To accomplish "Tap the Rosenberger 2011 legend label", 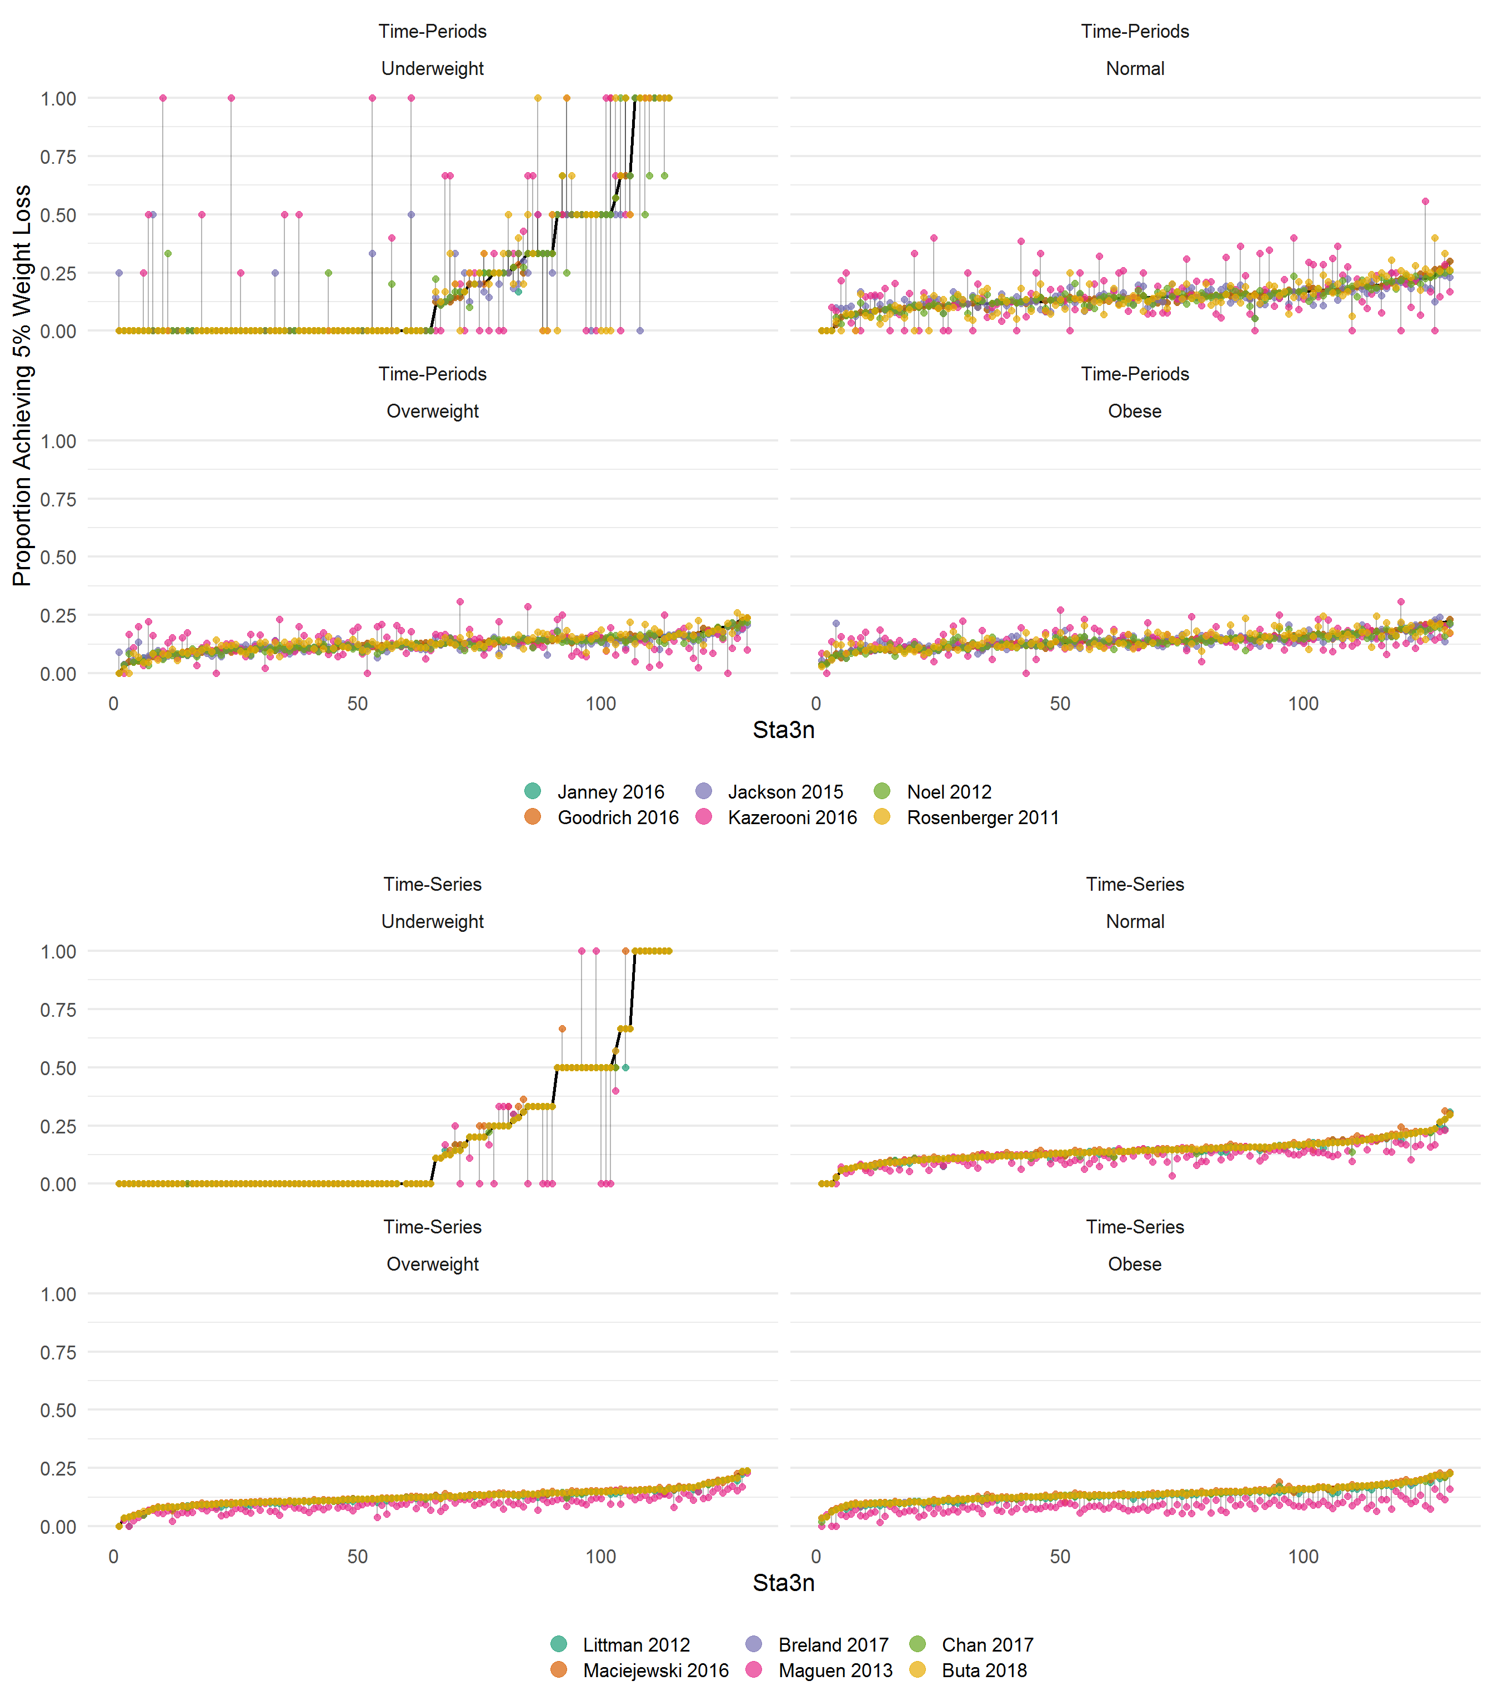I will click(982, 817).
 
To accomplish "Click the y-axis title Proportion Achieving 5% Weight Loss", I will click(22, 385).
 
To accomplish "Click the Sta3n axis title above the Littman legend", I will click(783, 1583).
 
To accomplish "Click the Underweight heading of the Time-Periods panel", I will click(432, 68).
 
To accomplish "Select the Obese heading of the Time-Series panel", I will click(1135, 1264).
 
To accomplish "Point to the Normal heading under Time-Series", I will click(1135, 921).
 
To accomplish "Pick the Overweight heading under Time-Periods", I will click(432, 411).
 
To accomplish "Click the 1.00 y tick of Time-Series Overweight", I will click(58, 1294).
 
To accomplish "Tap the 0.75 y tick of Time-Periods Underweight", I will click(58, 157).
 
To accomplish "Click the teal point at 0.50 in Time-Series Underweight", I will click(625, 1067).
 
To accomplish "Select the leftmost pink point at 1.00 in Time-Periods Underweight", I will click(163, 98).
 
